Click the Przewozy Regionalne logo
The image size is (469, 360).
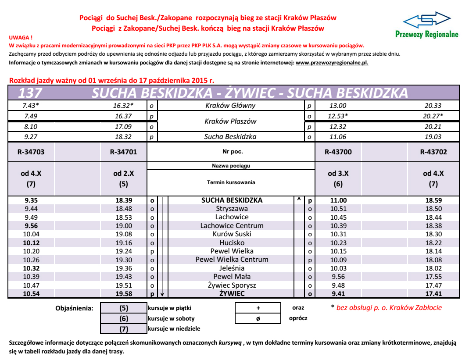coord(426,25)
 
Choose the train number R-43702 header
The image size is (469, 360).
coord(433,152)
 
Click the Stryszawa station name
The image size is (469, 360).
coord(232,209)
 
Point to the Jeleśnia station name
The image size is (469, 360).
coord(232,268)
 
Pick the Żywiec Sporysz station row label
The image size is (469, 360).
coord(232,285)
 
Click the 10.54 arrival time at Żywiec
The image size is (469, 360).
coord(32,294)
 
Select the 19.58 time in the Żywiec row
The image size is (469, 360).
coord(124,294)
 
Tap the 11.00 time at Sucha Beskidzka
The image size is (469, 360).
coord(338,200)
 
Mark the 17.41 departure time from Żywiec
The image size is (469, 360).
coord(433,294)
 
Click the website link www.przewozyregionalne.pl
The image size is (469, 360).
coord(332,63)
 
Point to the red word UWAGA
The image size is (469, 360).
coord(21,38)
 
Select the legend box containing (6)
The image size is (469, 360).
coord(124,318)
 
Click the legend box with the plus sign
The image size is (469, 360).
coord(258,308)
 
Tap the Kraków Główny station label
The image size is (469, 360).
coord(230,106)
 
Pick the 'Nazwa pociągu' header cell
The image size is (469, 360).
coord(231,166)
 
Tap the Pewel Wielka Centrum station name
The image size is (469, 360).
coord(232,260)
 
